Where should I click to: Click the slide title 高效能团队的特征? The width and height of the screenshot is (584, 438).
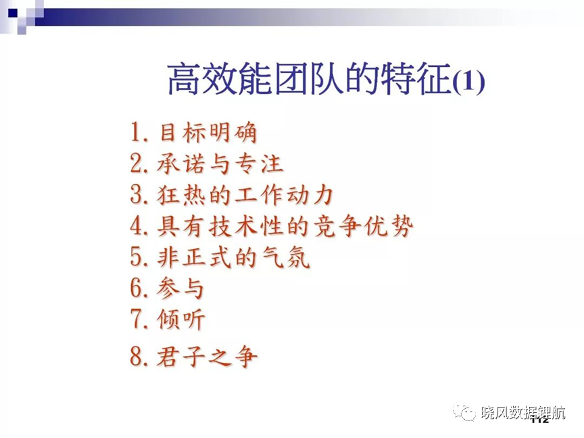tap(309, 79)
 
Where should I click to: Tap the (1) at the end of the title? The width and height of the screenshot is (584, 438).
tap(468, 80)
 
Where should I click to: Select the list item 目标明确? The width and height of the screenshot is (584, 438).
tap(208, 133)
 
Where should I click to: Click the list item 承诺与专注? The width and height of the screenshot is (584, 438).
tap(220, 163)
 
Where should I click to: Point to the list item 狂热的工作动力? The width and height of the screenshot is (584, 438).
tap(245, 195)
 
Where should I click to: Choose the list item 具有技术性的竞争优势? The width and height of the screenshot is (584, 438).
tap(285, 226)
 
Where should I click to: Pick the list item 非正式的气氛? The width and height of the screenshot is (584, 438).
tap(233, 257)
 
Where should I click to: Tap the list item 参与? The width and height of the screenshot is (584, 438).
tap(180, 288)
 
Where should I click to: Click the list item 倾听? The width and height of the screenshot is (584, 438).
tap(181, 320)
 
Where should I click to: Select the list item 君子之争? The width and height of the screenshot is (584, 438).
tap(207, 356)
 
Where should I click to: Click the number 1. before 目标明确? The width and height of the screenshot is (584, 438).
tap(139, 132)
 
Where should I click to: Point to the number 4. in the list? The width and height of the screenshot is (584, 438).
tap(139, 225)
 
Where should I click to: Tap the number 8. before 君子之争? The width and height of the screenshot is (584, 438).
tap(139, 355)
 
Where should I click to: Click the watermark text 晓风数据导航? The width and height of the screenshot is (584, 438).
tap(523, 413)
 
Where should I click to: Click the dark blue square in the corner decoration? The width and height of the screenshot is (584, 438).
tap(13, 14)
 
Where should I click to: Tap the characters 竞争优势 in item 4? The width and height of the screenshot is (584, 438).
tap(364, 226)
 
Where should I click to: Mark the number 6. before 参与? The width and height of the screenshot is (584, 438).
tap(139, 288)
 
